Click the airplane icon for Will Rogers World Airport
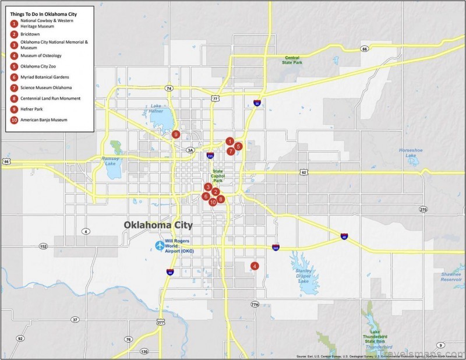point(160,246)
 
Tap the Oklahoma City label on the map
point(158,225)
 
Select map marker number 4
point(255,266)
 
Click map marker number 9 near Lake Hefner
point(175,135)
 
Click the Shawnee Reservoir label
point(451,277)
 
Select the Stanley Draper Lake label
point(303,276)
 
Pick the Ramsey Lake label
point(110,161)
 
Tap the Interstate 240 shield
point(274,248)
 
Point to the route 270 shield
point(423,210)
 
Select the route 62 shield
point(303,172)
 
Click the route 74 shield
point(169,89)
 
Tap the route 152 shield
point(43,246)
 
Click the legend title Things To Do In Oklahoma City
point(44,12)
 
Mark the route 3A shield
point(190,150)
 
